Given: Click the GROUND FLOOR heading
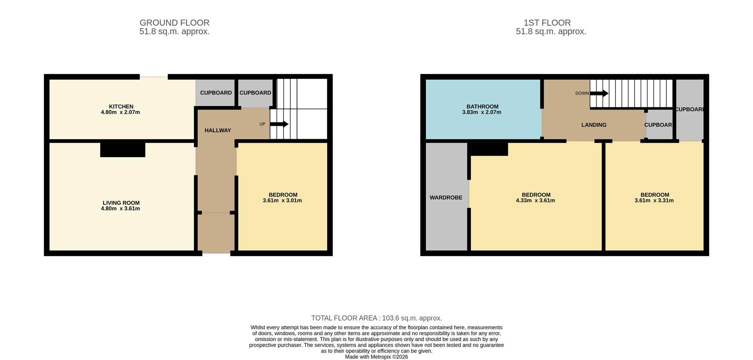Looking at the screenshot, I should point(174,23).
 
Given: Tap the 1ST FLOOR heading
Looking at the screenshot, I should point(547,23).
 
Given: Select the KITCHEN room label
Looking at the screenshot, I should point(121,106).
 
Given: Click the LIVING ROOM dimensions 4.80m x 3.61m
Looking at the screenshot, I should point(120,209).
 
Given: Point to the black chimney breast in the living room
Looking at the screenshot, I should point(122,150).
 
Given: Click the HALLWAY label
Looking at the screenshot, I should point(218,130).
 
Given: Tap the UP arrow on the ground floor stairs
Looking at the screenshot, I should point(279,124).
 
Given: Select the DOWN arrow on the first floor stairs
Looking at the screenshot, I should point(599,93).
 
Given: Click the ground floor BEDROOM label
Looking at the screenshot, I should point(283,195).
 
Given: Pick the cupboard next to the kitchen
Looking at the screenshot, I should point(216,93).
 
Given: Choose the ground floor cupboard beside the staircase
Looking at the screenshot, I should point(255,93).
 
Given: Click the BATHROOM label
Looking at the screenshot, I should point(482,106).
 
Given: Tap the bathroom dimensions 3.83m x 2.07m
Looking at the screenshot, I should point(482,112).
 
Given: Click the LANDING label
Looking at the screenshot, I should point(593,125).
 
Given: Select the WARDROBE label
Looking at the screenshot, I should point(446,198).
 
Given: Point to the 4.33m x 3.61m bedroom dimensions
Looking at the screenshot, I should point(535,200).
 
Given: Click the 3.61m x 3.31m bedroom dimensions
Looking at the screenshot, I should point(654,200).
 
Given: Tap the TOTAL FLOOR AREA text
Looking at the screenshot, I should point(376,318).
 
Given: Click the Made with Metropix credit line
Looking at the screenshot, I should point(376,357).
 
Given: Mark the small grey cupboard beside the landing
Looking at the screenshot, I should point(659,125).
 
